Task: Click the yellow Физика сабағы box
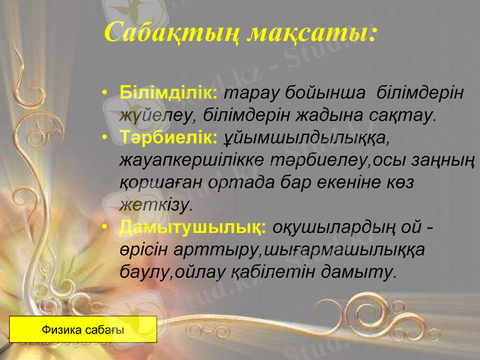[83, 329]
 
